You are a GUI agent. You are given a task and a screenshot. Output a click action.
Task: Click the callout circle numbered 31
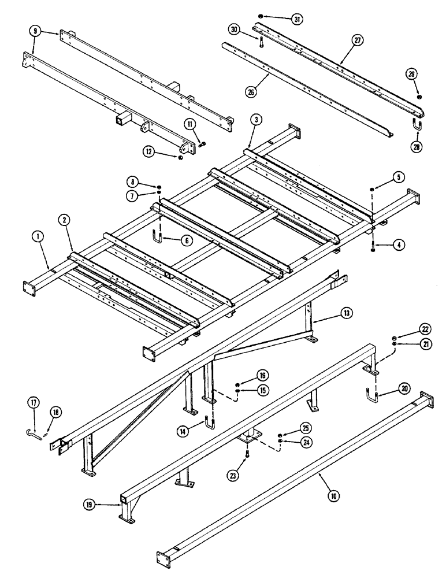click(x=297, y=19)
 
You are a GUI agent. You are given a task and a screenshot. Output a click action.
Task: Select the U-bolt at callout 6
click(x=157, y=236)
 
